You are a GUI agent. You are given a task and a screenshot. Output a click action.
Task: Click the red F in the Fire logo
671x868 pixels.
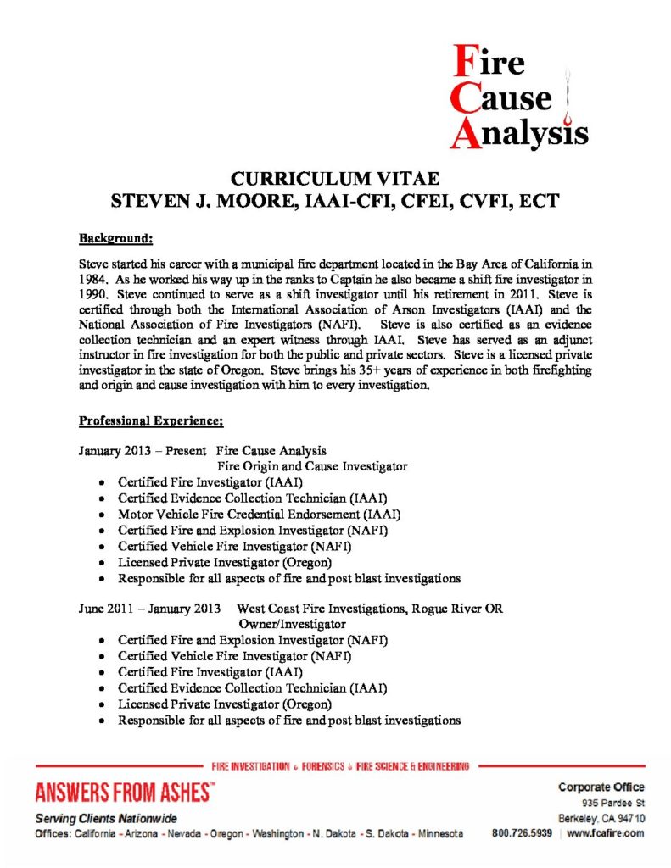coord(463,62)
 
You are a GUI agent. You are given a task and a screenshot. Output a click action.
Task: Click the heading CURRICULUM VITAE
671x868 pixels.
coord(336,179)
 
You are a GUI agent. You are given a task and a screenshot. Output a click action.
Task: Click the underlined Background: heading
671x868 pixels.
coord(115,239)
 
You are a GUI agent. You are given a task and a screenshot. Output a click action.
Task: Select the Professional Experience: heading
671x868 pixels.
coord(152,420)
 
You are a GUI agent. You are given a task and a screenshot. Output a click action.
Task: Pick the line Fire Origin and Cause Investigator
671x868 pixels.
coord(312,466)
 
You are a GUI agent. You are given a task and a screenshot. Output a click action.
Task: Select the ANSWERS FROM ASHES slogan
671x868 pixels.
coord(125,793)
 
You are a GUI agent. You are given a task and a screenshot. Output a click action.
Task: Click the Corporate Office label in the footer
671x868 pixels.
coord(601,787)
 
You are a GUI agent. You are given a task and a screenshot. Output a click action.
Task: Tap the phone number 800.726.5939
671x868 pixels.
coord(522,833)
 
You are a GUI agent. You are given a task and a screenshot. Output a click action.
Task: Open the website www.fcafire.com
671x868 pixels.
coord(605,833)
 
